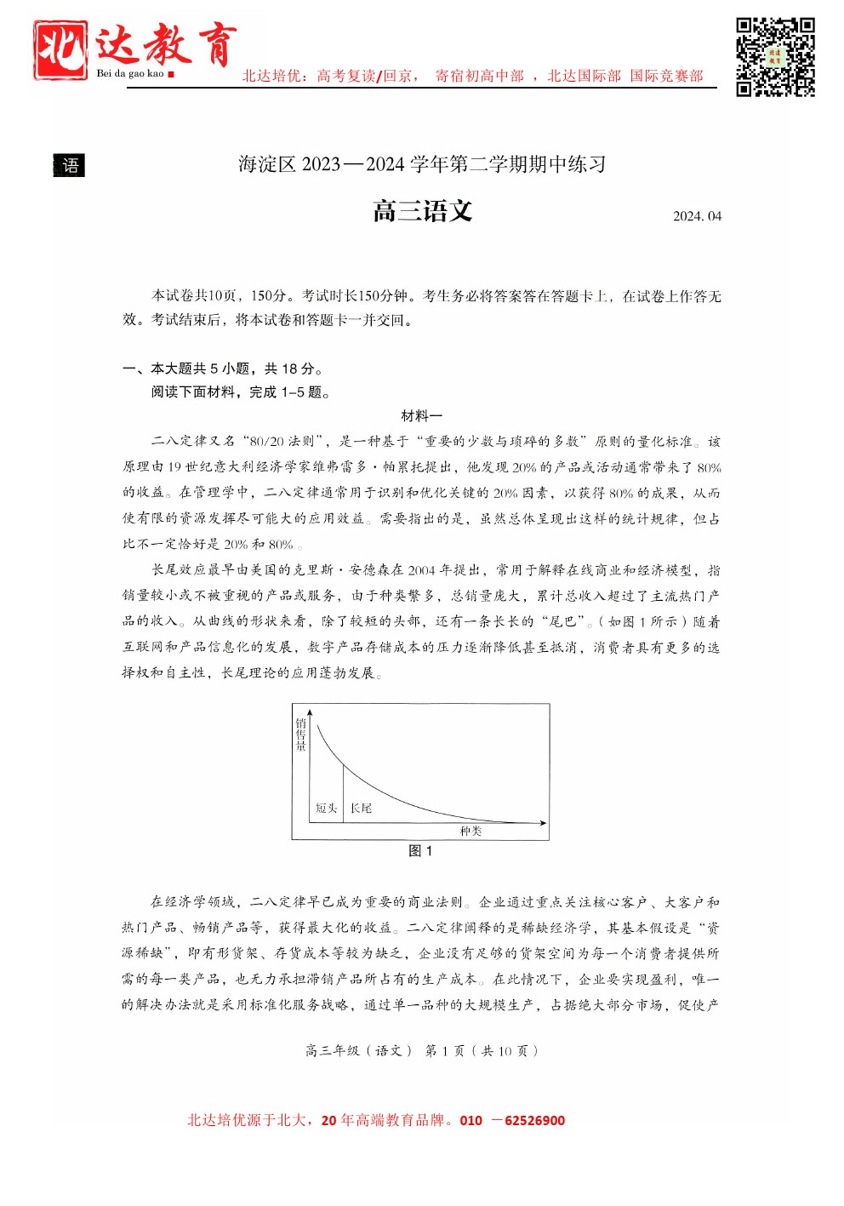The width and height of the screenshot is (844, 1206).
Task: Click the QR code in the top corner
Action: pos(775,57)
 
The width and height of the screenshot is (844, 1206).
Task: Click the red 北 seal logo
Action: pos(60,50)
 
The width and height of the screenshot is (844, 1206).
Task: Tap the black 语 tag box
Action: pos(70,165)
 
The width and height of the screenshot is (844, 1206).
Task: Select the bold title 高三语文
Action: pos(422,211)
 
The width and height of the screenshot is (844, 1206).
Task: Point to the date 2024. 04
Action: pos(697,216)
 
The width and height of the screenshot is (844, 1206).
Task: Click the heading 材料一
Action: pos(422,416)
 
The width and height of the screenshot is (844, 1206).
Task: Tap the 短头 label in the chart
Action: pos(327,808)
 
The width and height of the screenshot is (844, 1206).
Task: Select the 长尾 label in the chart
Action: pos(362,808)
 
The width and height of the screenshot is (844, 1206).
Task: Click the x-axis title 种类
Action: pos(470,831)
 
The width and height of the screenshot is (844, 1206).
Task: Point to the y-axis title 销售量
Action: pos(301,734)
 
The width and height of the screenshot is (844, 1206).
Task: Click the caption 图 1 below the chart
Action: pos(421,851)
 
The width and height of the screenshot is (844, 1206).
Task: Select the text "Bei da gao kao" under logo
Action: pos(130,74)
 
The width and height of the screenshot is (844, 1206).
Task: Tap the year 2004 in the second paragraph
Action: pos(421,570)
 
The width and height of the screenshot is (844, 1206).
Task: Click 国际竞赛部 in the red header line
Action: pos(667,76)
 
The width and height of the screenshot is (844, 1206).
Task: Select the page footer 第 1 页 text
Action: pos(445,1050)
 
